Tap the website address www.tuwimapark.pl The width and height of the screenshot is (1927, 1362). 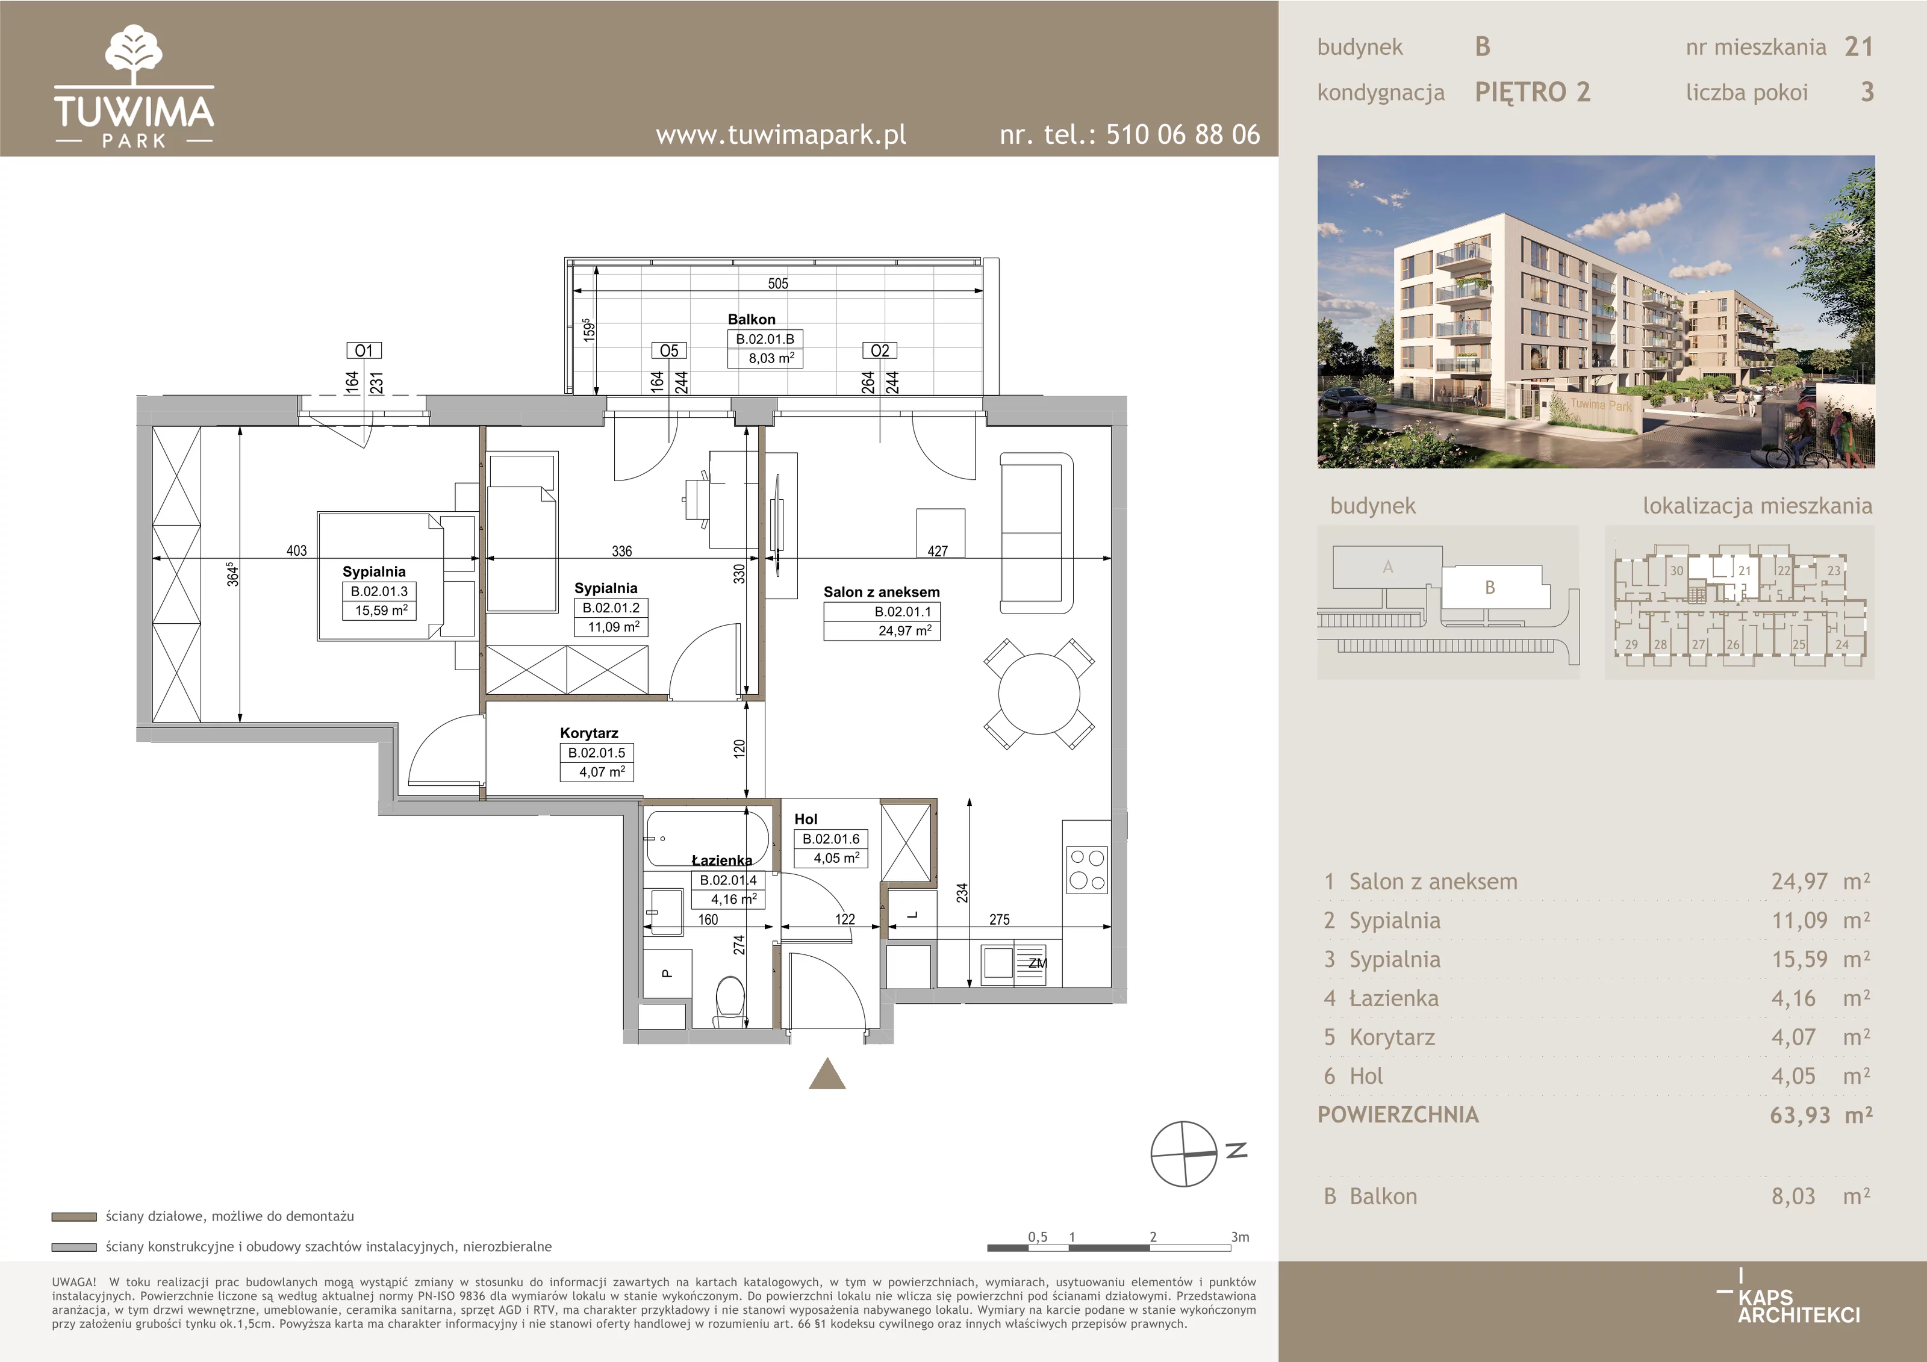coord(780,134)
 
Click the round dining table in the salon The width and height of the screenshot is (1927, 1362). coord(1039,694)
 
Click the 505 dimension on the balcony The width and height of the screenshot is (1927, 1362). coord(778,284)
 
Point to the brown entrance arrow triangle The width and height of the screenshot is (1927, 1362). coord(827,1074)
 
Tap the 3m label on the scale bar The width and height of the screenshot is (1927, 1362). coord(1240,1237)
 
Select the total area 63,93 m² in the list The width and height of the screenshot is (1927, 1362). coord(1820,1115)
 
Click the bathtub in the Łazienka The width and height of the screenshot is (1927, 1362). coord(707,838)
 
